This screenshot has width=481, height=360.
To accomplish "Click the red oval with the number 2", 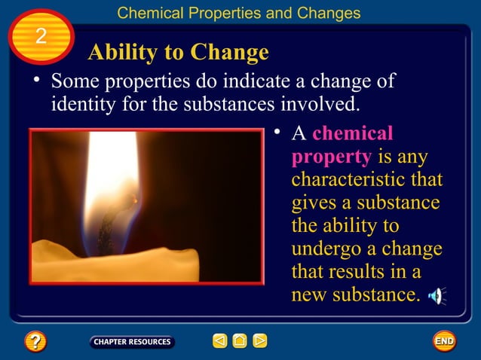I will coord(41,36).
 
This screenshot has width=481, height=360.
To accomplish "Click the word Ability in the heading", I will coord(121,52).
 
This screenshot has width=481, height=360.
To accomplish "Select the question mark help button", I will coord(35,341).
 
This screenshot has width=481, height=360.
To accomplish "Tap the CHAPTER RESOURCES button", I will coord(132,342).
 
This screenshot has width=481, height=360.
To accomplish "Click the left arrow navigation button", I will coord(219,341).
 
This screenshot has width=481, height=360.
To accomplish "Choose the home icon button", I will coord(240,341).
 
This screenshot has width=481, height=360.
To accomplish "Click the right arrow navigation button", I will coord(259,341).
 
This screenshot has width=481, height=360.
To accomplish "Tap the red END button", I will coord(444,341).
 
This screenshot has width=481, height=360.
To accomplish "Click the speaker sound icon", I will coord(437,295).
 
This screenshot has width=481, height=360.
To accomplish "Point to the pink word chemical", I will coord(353,133).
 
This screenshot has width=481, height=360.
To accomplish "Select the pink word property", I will coord(331,157).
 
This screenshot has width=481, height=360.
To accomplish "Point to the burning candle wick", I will coord(121,215).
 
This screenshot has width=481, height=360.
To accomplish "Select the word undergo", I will coord(325,249).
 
